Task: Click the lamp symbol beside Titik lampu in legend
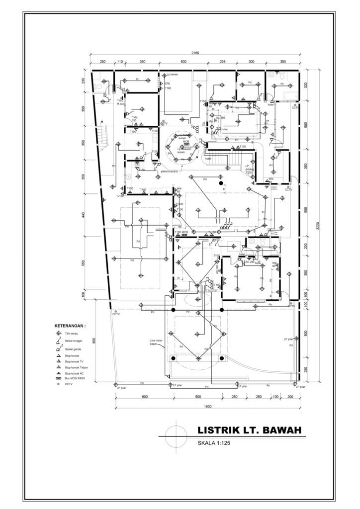(59, 334)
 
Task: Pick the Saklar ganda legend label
(73, 349)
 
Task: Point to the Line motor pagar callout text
(157, 342)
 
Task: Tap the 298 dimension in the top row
(222, 61)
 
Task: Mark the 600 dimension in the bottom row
(145, 397)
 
